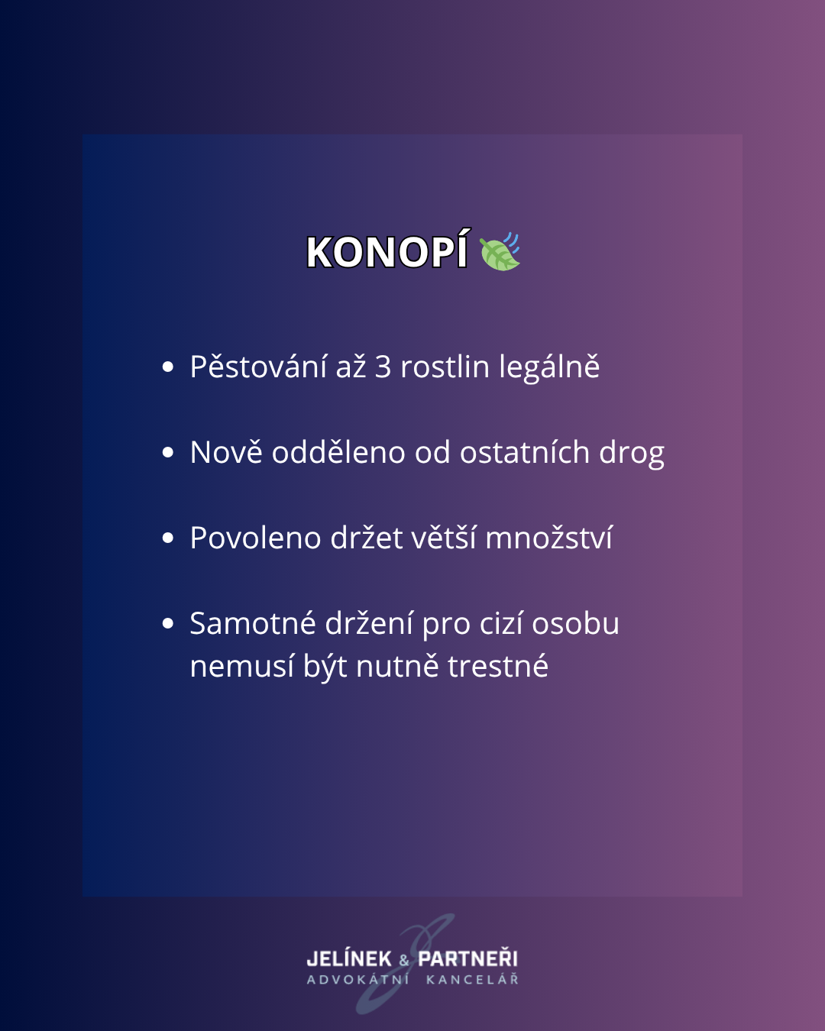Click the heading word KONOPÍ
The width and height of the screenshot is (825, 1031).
(x=387, y=250)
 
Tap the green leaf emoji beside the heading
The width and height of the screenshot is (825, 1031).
(x=500, y=252)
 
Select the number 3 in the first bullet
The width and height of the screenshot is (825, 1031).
(x=383, y=367)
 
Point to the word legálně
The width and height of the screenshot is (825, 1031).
(x=549, y=368)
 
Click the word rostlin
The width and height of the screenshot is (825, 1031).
(x=445, y=367)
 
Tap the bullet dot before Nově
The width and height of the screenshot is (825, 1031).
(x=168, y=453)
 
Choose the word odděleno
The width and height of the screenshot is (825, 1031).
(x=338, y=452)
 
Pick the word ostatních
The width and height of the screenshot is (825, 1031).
(x=525, y=453)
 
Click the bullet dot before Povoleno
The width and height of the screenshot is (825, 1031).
(x=168, y=538)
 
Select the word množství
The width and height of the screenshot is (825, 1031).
(x=549, y=538)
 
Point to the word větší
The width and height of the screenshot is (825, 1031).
(x=443, y=538)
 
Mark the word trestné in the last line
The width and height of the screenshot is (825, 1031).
(x=498, y=667)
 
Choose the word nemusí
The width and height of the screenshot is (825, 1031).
(x=241, y=667)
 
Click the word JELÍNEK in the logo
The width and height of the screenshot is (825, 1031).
(x=349, y=959)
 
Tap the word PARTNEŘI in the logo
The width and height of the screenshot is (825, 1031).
(x=467, y=959)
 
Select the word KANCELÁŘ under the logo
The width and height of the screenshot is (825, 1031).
(x=472, y=980)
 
